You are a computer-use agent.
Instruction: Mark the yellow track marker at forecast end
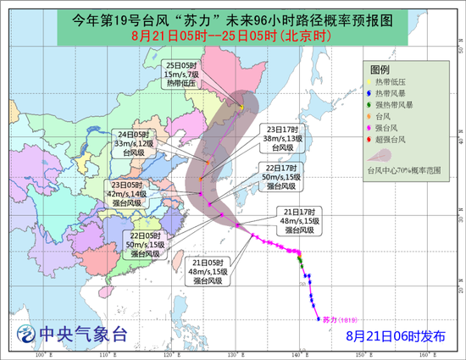pos(241,108)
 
